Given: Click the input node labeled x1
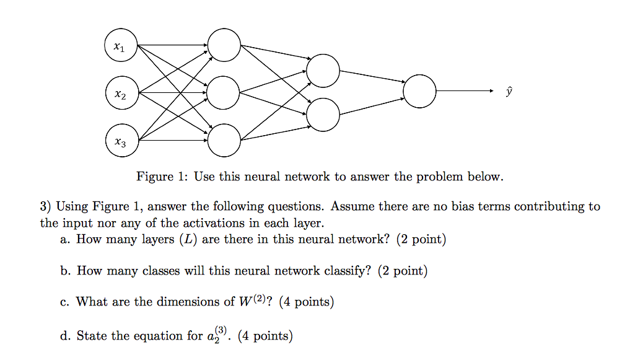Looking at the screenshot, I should click(120, 46).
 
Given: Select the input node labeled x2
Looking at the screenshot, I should click(120, 94).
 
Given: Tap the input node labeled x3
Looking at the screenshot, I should click(120, 141).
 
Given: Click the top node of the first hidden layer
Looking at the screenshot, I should click(224, 46).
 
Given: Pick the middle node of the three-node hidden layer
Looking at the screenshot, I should click(224, 94).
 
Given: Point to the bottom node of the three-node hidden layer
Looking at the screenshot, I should click(224, 141).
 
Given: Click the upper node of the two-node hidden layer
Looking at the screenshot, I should click(323, 71).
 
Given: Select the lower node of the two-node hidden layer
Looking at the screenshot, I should click(323, 115).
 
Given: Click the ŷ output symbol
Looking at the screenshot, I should click(509, 92).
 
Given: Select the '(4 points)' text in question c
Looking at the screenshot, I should click(307, 302).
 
